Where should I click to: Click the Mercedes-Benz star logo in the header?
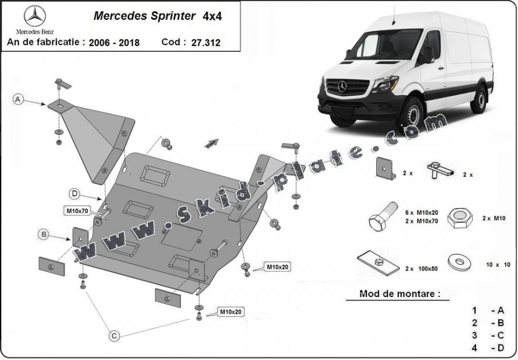click(x=35, y=17)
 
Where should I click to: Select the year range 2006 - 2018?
click(x=114, y=43)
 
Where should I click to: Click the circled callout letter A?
click(x=18, y=99)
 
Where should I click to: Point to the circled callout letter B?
click(x=44, y=234)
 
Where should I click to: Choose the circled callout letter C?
click(x=114, y=335)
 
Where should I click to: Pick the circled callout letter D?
click(x=75, y=194)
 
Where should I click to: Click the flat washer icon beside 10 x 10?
click(x=460, y=262)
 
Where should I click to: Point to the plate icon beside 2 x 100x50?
click(x=378, y=264)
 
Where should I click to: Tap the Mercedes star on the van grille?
click(x=343, y=86)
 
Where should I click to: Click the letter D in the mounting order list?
click(x=500, y=348)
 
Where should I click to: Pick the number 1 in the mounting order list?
click(x=474, y=310)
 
